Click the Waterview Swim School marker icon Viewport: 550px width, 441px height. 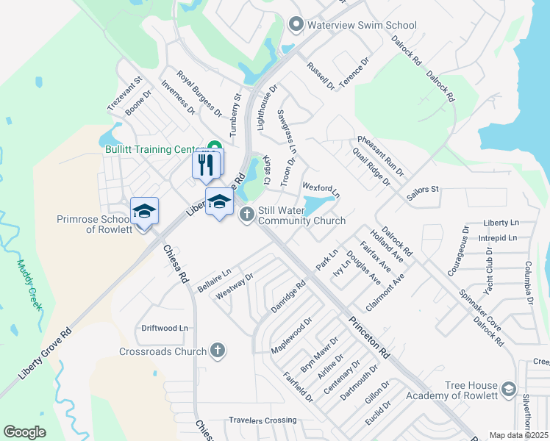[x=296, y=25]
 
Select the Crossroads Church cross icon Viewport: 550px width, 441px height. [x=218, y=351]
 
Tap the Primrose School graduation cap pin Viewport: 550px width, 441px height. [x=145, y=212]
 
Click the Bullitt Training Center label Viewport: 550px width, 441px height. [x=153, y=149]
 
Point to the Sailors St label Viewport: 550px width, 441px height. [x=422, y=190]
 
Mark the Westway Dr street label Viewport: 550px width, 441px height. [x=235, y=287]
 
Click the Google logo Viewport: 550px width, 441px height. [x=24, y=432]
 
